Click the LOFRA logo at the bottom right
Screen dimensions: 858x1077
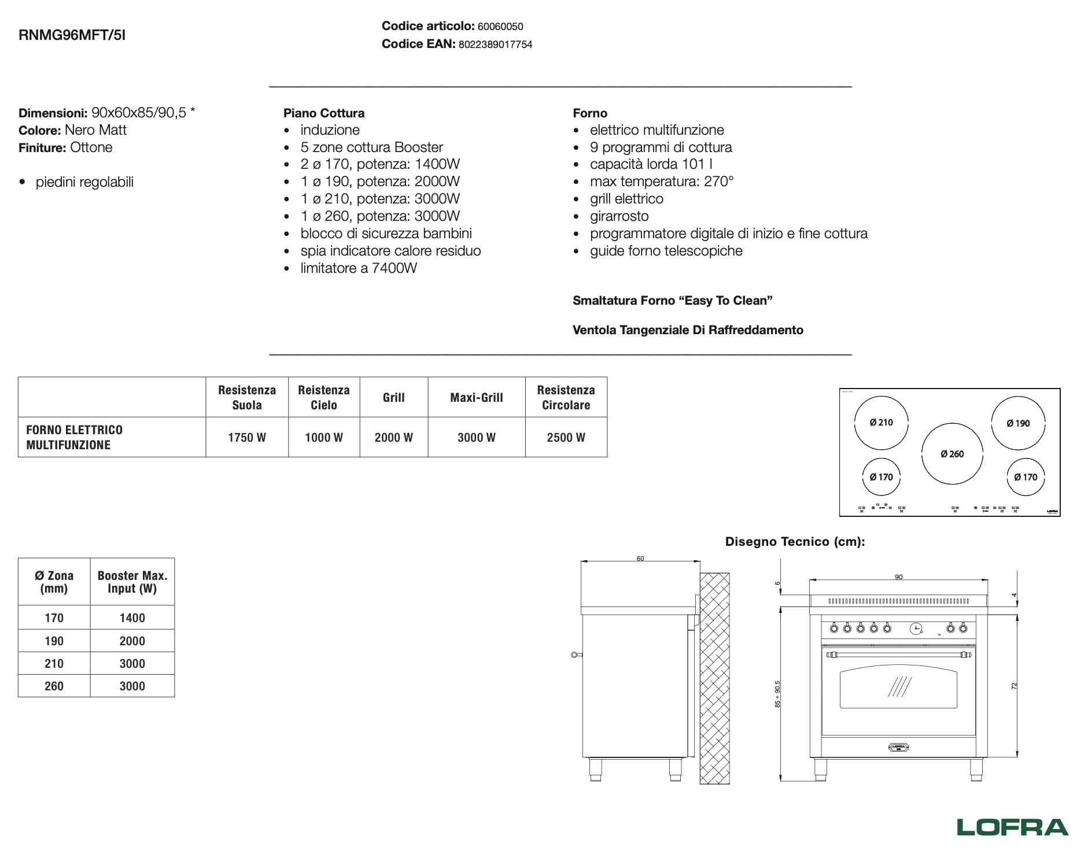1012,826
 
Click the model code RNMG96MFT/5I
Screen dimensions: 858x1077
72,35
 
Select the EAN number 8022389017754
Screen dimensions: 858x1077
495,45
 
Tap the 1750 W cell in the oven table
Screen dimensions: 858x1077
247,438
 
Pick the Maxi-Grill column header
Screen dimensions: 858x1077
477,398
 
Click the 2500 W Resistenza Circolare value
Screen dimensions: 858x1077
566,438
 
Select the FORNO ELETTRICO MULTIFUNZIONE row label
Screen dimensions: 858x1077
74,438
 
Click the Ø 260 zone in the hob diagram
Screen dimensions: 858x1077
951,454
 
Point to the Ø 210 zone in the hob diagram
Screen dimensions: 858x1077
881,423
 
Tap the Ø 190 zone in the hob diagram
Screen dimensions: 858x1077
1018,423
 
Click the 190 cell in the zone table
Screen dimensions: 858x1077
54,641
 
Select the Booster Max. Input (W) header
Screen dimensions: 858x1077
132,582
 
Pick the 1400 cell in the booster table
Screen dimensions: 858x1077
132,618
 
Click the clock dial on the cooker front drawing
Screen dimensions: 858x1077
916,628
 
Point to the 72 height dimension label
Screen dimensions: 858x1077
1013,686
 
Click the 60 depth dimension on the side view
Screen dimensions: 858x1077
640,559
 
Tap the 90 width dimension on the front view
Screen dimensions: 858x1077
898,577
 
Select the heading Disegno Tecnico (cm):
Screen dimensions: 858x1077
795,542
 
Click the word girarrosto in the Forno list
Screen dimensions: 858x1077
619,216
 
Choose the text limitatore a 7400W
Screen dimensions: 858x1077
359,268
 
